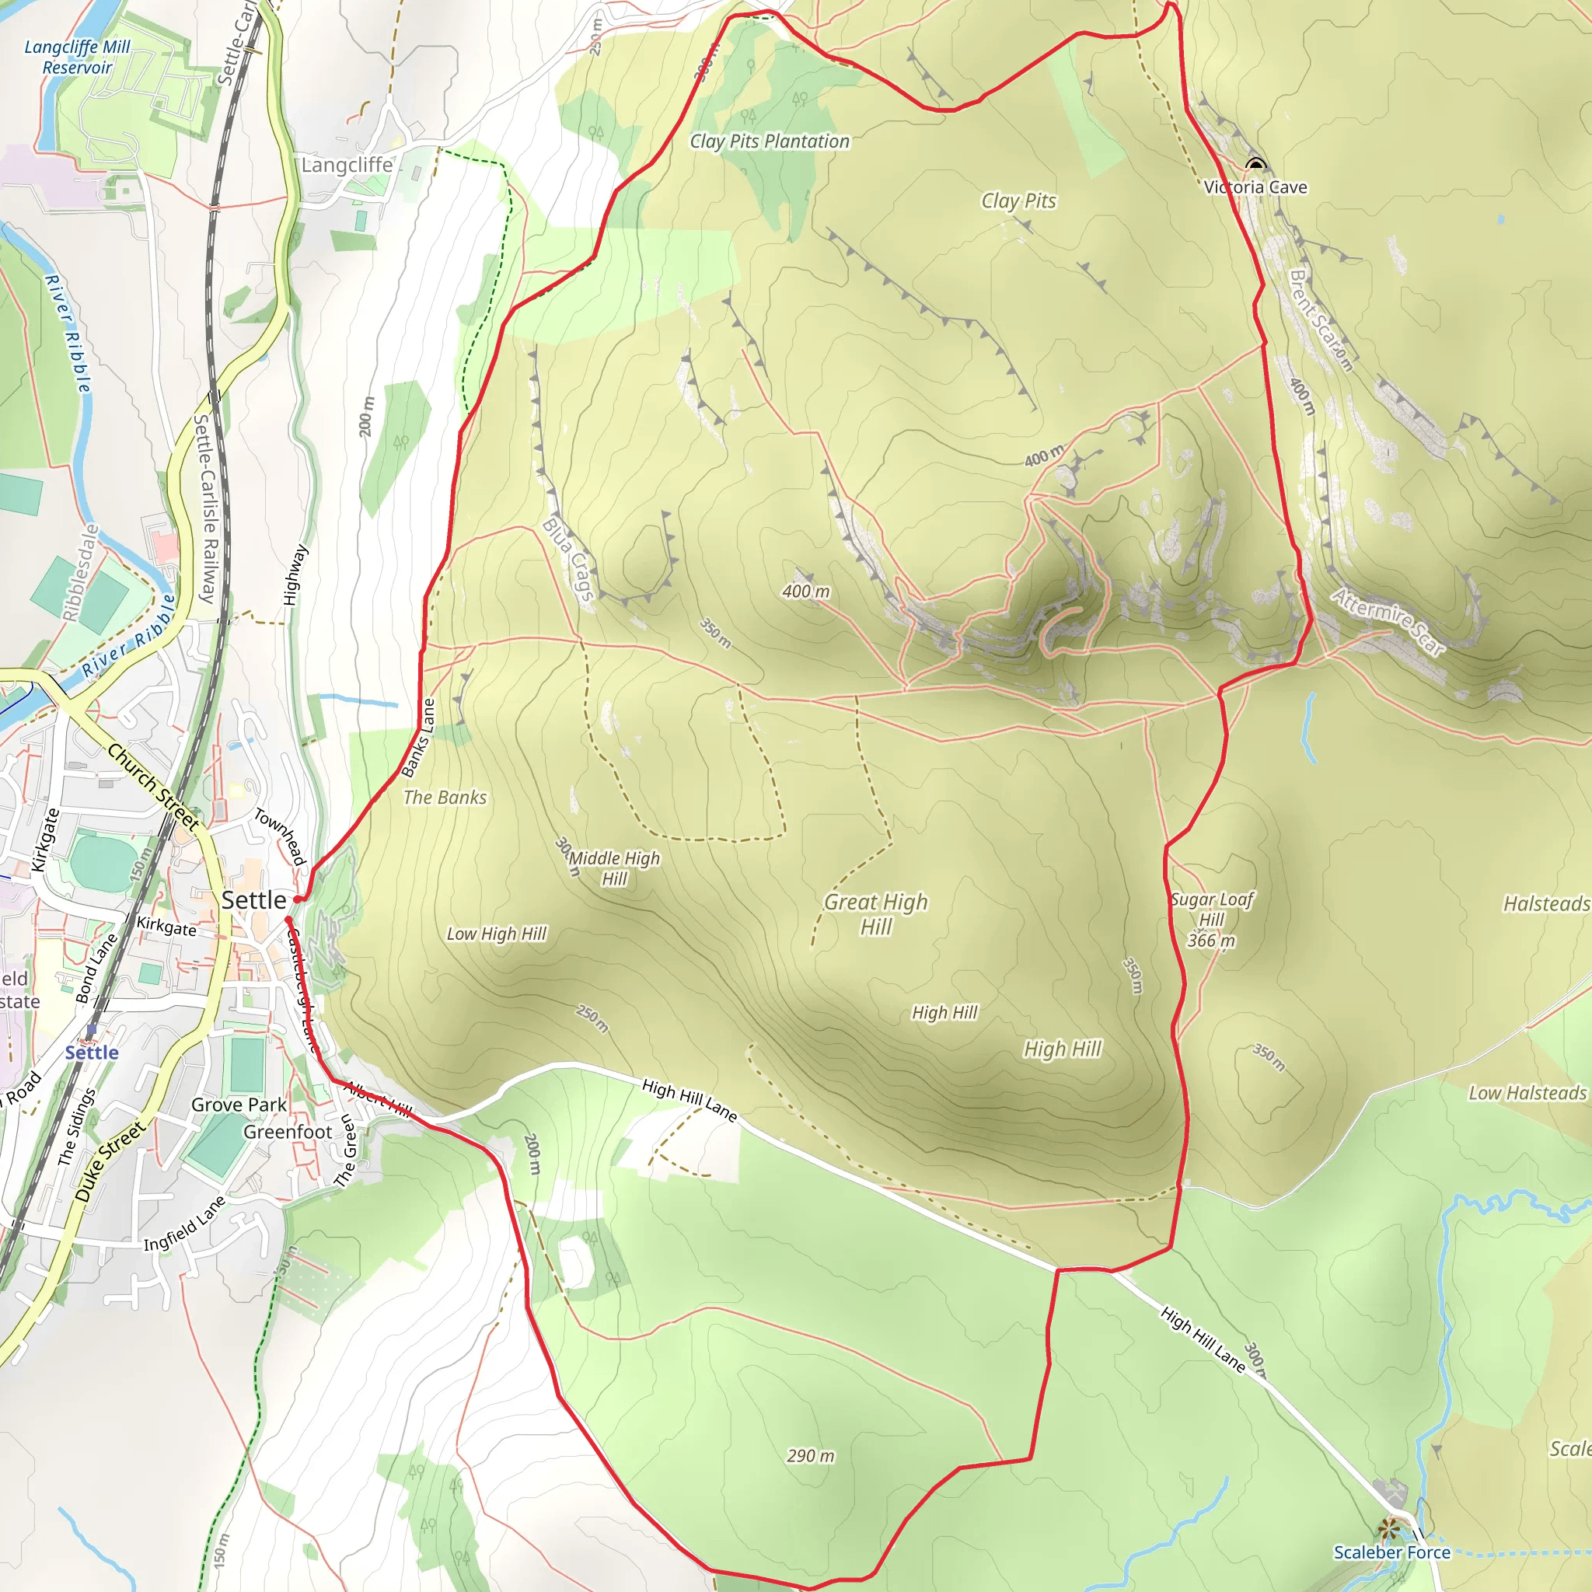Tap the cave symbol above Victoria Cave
(1255, 164)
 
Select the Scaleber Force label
(1391, 1552)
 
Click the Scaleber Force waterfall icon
(1391, 1530)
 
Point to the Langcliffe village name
(347, 165)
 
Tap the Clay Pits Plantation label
(770, 141)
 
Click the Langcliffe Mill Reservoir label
(77, 57)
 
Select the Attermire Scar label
(1388, 622)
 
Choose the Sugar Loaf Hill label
(1211, 909)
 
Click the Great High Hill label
(876, 914)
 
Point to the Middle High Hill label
(614, 868)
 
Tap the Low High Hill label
(496, 934)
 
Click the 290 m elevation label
(810, 1456)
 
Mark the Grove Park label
(239, 1105)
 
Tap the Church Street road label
(153, 786)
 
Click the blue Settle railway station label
(92, 1053)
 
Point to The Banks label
(444, 798)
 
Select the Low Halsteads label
(1527, 1093)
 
